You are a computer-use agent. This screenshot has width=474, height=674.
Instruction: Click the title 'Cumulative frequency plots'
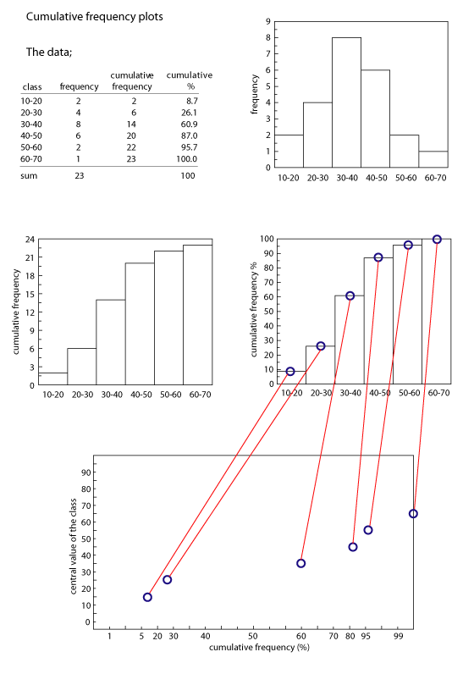pyautogui.click(x=95, y=17)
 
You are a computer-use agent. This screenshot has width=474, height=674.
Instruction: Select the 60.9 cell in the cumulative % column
pyautogui.click(x=189, y=124)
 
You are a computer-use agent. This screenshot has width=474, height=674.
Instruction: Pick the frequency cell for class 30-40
pyautogui.click(x=79, y=124)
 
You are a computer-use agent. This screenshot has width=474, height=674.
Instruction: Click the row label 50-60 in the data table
pyautogui.click(x=31, y=147)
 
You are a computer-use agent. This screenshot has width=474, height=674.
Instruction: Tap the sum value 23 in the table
pyautogui.click(x=79, y=175)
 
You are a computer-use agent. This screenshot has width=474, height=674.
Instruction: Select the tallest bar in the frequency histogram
pyautogui.click(x=346, y=102)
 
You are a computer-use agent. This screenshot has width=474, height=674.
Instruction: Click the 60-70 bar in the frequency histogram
pyautogui.click(x=433, y=159)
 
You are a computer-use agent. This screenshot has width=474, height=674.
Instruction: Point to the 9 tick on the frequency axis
pyautogui.click(x=268, y=21)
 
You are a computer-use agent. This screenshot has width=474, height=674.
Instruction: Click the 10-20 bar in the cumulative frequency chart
pyautogui.click(x=53, y=378)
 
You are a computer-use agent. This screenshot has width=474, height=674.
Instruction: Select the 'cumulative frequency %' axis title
pyautogui.click(x=254, y=309)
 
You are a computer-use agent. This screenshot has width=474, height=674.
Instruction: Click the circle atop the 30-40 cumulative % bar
pyautogui.click(x=350, y=296)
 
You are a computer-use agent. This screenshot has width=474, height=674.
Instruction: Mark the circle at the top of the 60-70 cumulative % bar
pyautogui.click(x=437, y=240)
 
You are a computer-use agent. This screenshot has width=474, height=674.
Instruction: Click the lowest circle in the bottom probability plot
pyautogui.click(x=147, y=597)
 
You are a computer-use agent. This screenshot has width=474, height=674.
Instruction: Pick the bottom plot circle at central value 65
pyautogui.click(x=413, y=514)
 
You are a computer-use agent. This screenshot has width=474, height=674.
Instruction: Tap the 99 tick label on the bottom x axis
pyautogui.click(x=399, y=636)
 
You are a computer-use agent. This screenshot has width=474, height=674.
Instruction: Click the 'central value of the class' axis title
pyautogui.click(x=73, y=546)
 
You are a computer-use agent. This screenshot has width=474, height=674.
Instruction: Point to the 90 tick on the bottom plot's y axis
pyautogui.click(x=86, y=472)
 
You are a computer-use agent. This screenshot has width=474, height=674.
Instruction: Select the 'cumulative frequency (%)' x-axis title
pyautogui.click(x=259, y=648)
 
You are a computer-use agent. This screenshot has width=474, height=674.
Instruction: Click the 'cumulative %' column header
pyautogui.click(x=190, y=80)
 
